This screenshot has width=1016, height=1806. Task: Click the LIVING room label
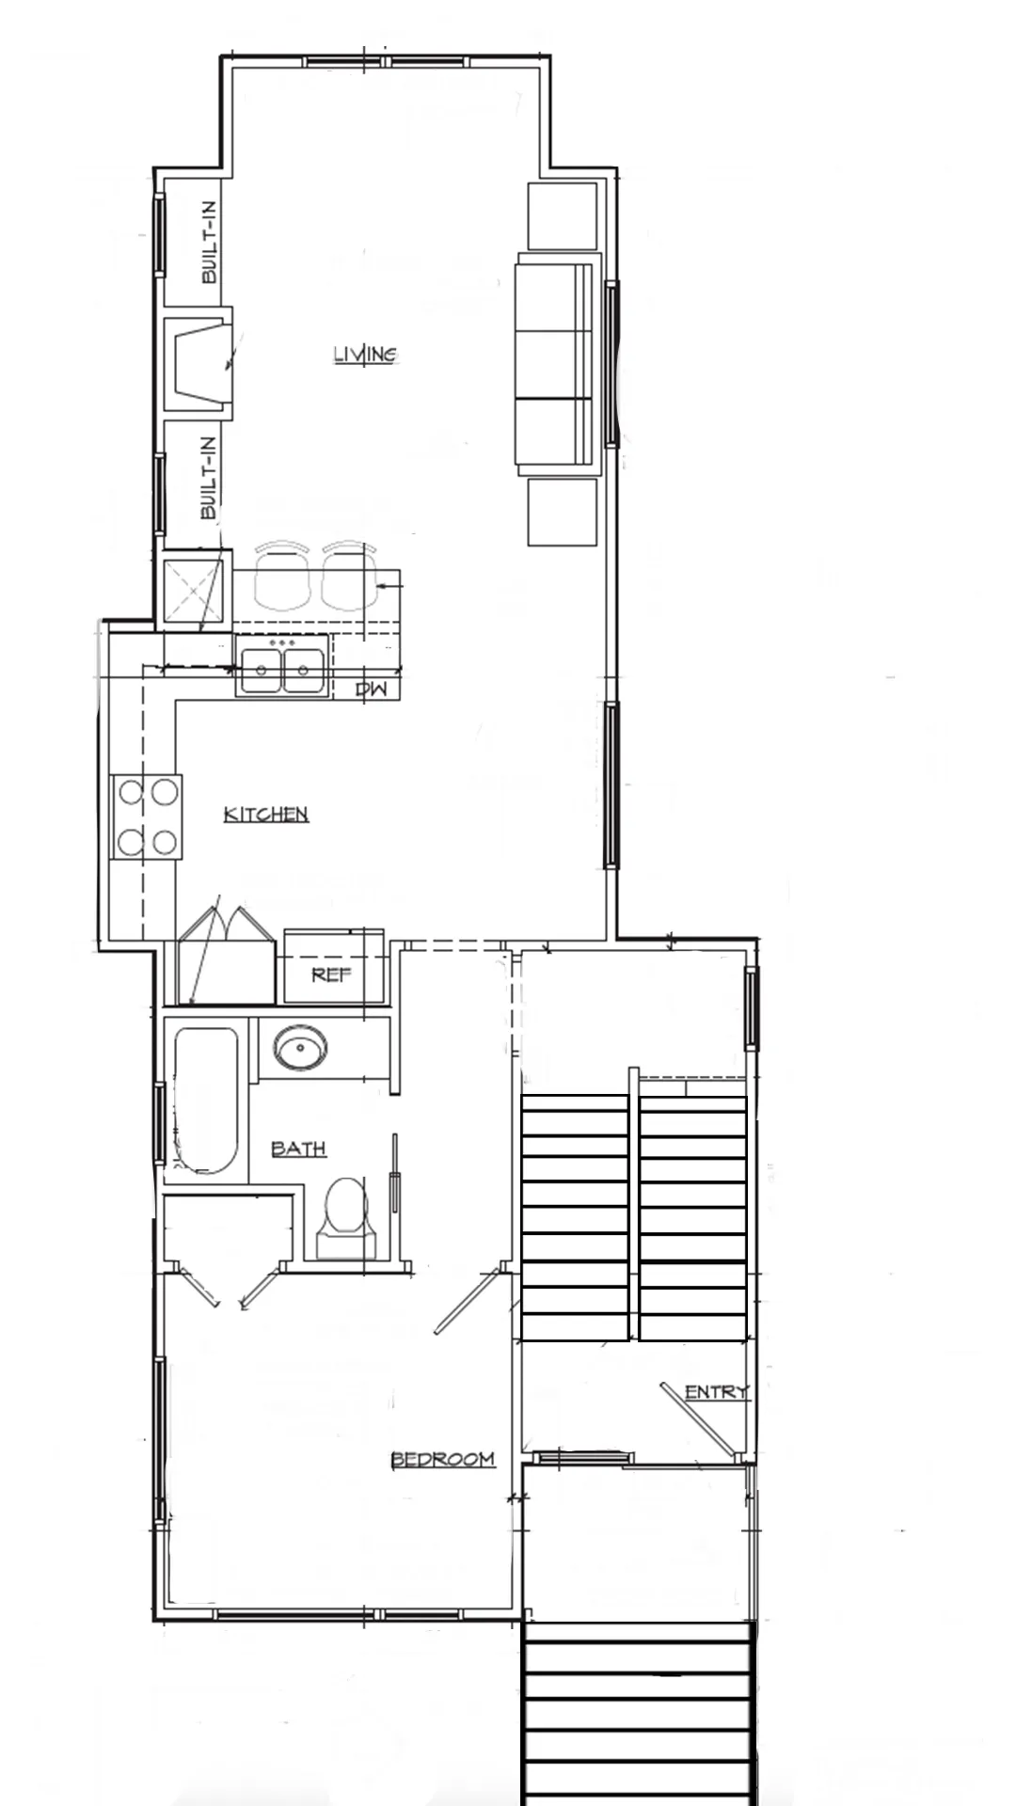coord(366,355)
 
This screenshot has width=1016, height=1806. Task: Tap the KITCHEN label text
coord(266,814)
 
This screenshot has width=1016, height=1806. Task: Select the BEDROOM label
coord(443,1459)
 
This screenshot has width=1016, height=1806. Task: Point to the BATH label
coord(298,1149)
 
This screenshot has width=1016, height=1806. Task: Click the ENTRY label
coord(717,1392)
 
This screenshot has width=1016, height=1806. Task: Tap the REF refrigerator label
coord(331,974)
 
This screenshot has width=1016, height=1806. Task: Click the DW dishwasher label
coord(372,689)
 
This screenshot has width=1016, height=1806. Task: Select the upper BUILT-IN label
coord(209,242)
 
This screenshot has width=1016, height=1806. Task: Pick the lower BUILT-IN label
coord(209,478)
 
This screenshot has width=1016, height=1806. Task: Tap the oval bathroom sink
coord(300,1047)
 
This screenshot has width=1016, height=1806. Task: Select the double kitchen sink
coord(282,666)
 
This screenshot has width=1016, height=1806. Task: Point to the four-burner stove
coord(148,816)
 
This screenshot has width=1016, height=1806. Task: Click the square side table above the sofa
coord(563,215)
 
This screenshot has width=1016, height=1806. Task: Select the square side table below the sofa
coord(563,512)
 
